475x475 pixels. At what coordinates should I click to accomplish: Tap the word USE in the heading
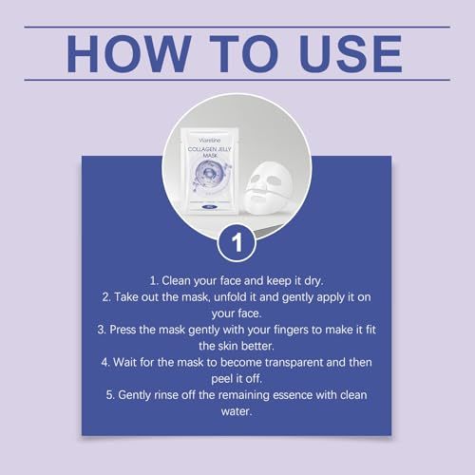pos(351,54)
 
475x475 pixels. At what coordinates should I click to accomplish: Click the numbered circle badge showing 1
pos(237,243)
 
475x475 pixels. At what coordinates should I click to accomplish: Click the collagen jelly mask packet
pos(210,170)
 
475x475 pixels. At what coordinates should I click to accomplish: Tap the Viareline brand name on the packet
pos(210,141)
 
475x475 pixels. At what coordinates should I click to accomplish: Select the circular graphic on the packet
pos(209,174)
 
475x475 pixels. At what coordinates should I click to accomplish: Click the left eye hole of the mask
pos(256,182)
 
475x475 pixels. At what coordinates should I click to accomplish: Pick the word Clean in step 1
pos(176,280)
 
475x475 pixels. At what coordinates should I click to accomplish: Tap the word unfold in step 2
pos(231,297)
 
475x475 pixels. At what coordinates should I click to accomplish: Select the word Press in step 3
pos(123,330)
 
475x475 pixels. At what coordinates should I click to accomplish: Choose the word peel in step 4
pos(221,379)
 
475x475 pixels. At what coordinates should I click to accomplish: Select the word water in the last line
pos(236,412)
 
